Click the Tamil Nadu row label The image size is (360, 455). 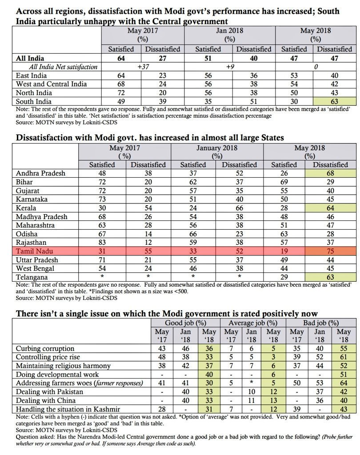coord(32,251)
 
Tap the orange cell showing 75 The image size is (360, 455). coord(330,251)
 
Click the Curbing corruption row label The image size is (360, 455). coord(45,348)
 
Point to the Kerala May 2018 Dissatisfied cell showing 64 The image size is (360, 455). coord(330,208)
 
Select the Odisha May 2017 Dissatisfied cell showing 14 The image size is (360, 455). coord(147,233)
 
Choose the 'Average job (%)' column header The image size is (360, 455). coord(252,323)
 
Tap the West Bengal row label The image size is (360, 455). coord(35,268)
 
